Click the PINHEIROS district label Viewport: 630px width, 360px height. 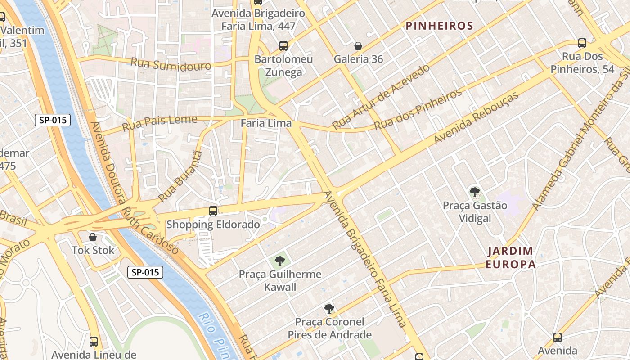[440, 26]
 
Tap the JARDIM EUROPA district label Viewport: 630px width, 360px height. [511, 257]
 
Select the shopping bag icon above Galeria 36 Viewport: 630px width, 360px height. [358, 46]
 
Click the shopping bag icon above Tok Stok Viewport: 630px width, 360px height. [93, 237]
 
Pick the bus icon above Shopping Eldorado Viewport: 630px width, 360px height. [213, 211]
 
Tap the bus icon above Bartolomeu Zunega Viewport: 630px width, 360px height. [283, 45]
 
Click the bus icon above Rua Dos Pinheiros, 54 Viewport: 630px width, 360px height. [582, 43]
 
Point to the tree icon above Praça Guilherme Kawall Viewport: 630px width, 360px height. [280, 261]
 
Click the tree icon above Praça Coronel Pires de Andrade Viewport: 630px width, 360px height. [329, 309]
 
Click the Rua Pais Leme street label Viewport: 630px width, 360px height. [160, 122]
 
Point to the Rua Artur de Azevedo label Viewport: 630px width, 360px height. [381, 96]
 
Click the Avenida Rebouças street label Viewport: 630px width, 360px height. [477, 118]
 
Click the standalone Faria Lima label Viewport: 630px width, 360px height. [266, 123]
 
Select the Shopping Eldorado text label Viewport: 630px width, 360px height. [213, 225]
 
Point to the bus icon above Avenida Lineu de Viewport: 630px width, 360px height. [94, 342]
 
